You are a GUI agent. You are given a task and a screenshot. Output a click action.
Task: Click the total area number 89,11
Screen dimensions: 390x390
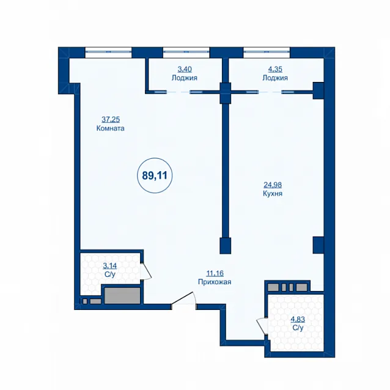click(155, 175)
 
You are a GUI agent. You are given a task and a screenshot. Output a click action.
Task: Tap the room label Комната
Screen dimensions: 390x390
click(111, 128)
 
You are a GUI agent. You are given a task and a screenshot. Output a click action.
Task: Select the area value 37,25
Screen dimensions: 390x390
click(111, 119)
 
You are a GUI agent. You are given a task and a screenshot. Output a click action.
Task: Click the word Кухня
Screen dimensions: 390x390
click(273, 194)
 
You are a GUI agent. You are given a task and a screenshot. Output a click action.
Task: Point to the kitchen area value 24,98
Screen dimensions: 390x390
click(273, 185)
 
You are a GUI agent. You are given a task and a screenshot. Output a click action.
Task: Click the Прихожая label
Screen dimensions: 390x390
click(215, 282)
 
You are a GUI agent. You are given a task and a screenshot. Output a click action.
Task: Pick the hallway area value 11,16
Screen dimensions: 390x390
click(215, 273)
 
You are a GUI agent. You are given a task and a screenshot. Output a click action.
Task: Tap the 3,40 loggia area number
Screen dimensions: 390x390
click(185, 69)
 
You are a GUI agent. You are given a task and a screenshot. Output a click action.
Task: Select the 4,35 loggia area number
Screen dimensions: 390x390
click(275, 69)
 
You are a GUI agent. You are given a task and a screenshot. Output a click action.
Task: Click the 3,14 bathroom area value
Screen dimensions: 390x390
click(110, 266)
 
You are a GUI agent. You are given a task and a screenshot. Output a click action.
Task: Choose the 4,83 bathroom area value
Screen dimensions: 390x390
click(298, 319)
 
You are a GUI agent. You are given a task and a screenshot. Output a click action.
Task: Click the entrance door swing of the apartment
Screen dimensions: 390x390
click(183, 298)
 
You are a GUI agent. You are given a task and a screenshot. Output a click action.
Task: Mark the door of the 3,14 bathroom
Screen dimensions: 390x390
click(145, 271)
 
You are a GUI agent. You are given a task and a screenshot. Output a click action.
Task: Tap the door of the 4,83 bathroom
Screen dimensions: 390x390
click(262, 326)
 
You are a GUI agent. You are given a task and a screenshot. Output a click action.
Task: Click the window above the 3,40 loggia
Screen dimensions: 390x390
click(186, 52)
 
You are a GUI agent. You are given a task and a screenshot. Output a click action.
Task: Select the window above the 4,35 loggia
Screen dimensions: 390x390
click(267, 52)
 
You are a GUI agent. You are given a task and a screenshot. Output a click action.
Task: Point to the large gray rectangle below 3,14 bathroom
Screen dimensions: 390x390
click(122, 296)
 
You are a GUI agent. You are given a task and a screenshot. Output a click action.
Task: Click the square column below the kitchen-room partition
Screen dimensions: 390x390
click(226, 246)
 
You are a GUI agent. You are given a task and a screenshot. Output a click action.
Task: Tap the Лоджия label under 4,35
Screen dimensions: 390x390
click(275, 78)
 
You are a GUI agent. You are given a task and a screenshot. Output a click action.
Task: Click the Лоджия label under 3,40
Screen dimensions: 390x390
click(185, 78)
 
